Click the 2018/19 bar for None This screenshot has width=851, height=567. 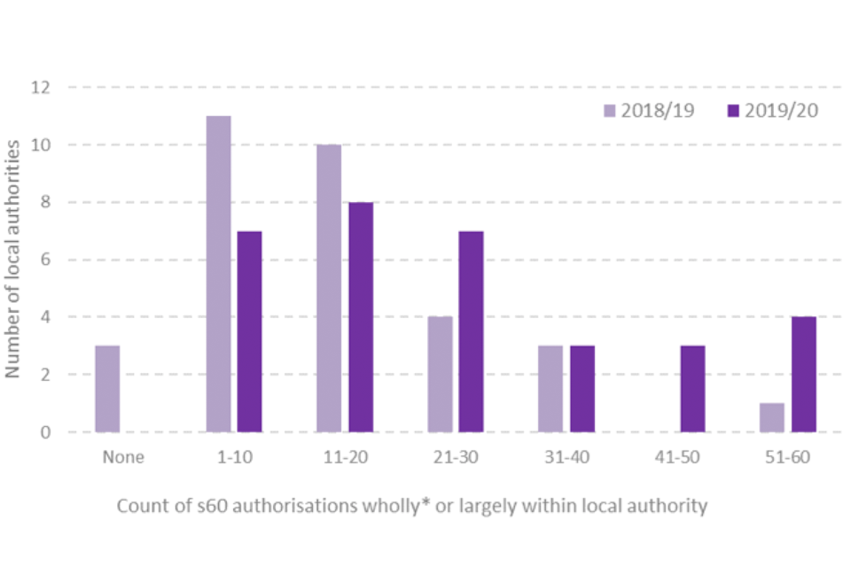107,389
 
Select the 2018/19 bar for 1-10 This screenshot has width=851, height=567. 218,275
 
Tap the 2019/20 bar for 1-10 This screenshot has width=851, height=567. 249,331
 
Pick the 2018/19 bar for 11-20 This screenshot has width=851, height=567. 329,289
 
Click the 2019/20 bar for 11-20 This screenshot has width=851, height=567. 360,317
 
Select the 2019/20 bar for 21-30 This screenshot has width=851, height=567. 471,331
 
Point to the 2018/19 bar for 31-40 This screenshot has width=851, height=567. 550,389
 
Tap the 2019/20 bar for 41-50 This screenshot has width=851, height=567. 692,389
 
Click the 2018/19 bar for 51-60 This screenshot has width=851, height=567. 772,417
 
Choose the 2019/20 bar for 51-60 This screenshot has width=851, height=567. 803,375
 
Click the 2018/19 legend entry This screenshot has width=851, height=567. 649,111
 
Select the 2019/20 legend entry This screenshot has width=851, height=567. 772,111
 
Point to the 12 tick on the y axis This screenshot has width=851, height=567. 40,88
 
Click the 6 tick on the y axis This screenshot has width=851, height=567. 44,260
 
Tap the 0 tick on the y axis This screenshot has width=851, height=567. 44,432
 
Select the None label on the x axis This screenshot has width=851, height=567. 122,457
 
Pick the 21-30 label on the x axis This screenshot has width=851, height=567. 455,457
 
